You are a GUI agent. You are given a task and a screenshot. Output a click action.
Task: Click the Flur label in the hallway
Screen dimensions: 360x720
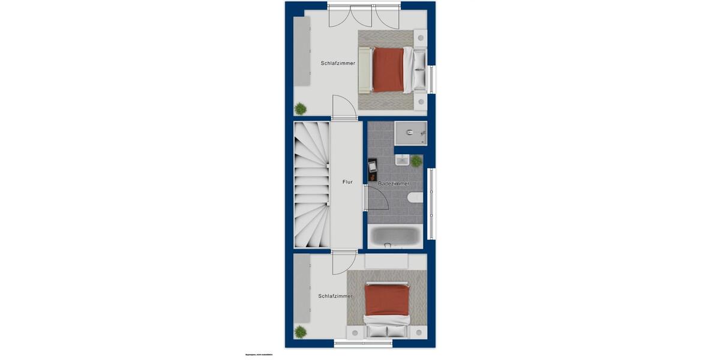pos(347,182)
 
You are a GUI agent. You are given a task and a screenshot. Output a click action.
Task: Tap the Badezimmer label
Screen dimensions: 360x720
pos(394,184)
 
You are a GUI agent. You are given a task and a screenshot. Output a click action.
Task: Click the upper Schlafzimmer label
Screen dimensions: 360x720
pos(338,63)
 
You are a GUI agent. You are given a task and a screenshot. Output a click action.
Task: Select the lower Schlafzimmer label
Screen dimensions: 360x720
pos(335,296)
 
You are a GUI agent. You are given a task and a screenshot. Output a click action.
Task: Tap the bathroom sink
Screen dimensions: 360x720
pos(402,161)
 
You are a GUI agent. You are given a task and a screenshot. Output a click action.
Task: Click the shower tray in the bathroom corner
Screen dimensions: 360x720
pos(410,133)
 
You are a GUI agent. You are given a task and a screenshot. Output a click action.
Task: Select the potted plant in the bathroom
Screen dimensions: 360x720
pos(416,161)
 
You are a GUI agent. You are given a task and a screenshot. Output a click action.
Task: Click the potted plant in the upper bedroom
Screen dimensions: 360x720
pos(300,109)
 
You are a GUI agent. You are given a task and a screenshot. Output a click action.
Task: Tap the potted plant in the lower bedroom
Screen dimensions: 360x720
pos(301,331)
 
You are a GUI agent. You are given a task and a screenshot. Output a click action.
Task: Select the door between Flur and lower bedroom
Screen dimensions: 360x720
pos(343,262)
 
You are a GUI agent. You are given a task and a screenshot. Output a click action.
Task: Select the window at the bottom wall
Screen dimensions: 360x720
pos(363,344)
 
